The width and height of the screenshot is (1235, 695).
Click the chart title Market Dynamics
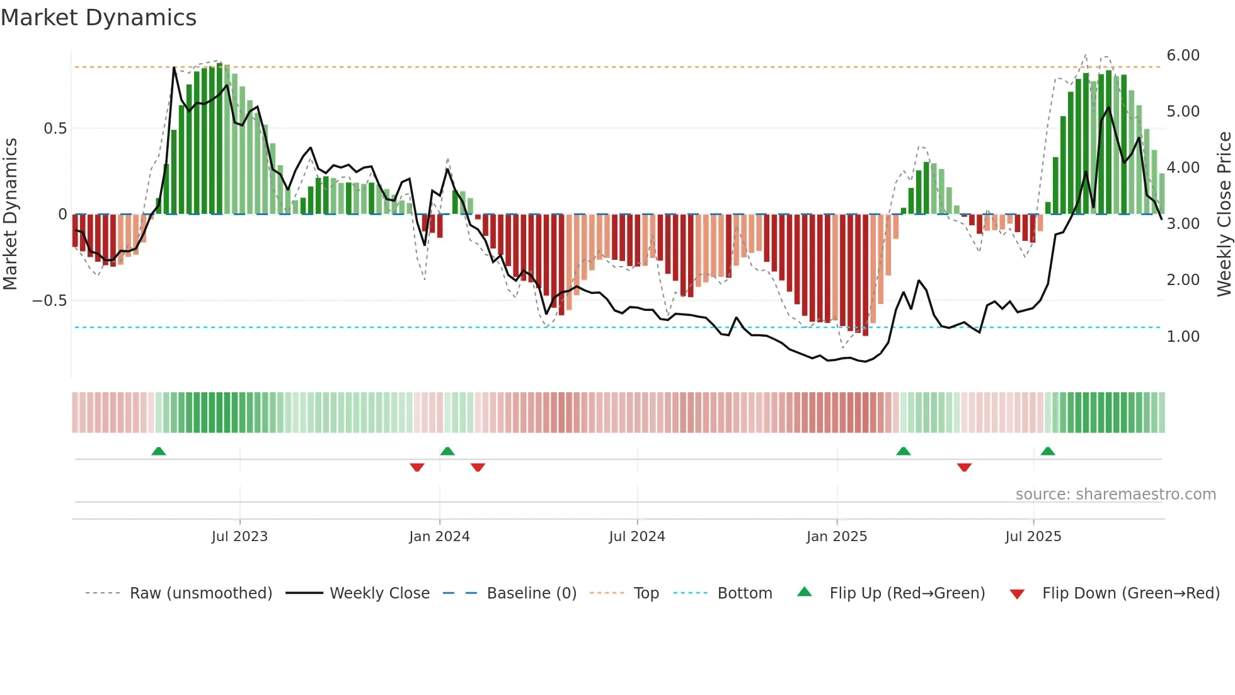pos(98,18)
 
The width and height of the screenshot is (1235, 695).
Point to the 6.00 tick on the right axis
pos(1183,55)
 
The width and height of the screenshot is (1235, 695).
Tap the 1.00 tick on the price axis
pos(1183,337)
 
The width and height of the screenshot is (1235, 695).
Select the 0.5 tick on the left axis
pos(55,129)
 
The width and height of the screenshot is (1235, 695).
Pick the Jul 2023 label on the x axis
pos(239,537)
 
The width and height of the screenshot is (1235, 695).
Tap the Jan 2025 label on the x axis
pos(837,537)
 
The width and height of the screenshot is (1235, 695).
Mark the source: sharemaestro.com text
pos(1115,494)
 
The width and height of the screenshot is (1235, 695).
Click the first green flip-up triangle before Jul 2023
pos(159,452)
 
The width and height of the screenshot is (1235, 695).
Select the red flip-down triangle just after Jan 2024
pos(478,467)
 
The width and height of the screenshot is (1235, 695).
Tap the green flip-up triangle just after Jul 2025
pos(1048,452)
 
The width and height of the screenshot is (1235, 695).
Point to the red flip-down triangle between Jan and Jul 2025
pos(964,467)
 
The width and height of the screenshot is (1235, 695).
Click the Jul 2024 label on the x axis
pos(637,537)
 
